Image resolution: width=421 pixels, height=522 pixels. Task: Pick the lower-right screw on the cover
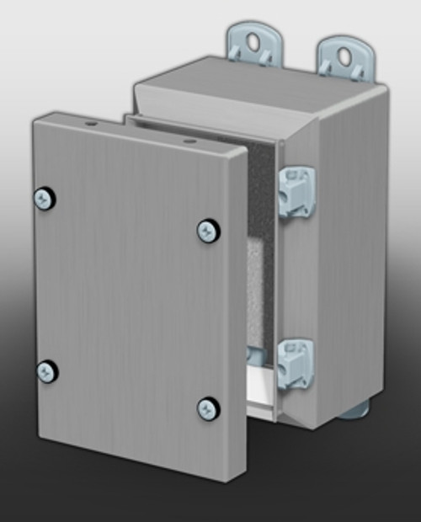207,408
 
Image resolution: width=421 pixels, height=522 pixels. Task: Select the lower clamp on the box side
296,364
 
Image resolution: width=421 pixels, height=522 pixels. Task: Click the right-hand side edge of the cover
237,320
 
